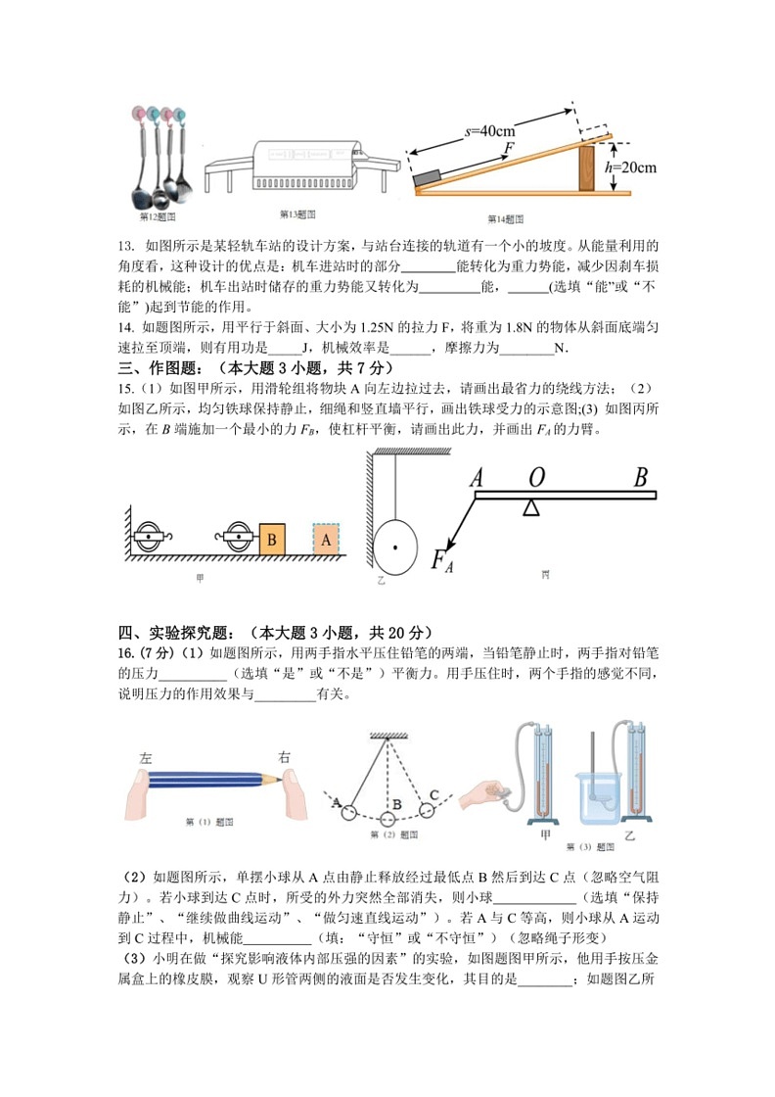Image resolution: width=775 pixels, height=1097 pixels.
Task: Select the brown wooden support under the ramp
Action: coord(586,167)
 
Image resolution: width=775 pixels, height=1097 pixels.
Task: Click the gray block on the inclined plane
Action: coord(429,177)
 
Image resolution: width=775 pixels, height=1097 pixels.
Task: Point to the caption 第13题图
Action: coord(297,214)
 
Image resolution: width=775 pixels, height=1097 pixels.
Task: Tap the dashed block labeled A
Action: coord(326,540)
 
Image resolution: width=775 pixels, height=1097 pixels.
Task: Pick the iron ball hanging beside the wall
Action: coord(395,546)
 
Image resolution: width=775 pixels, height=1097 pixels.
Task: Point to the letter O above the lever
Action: coord(535,478)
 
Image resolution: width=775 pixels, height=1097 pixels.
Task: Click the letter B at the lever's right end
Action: coord(641,478)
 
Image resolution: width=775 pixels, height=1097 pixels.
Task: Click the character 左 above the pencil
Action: coord(147,757)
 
